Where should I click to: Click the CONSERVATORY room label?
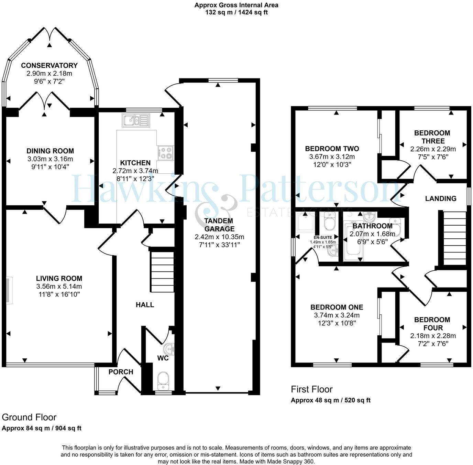pos(49,65)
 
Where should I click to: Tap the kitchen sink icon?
pos(136,120)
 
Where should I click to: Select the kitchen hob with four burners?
pos(166,153)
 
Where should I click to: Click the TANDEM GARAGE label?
pos(219,225)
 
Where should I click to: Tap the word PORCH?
pos(121,372)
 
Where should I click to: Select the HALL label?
pos(145,305)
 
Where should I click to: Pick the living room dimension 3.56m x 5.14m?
pos(59,286)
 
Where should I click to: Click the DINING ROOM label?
pos(50,151)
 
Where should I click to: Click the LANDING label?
pos(441,198)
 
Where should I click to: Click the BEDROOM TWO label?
pos(332,149)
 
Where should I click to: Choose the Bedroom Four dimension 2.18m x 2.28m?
pos(433,336)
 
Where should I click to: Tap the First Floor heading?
pos(312,389)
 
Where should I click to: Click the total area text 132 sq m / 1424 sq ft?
pos(236,12)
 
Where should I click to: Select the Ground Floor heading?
pos(29,417)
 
